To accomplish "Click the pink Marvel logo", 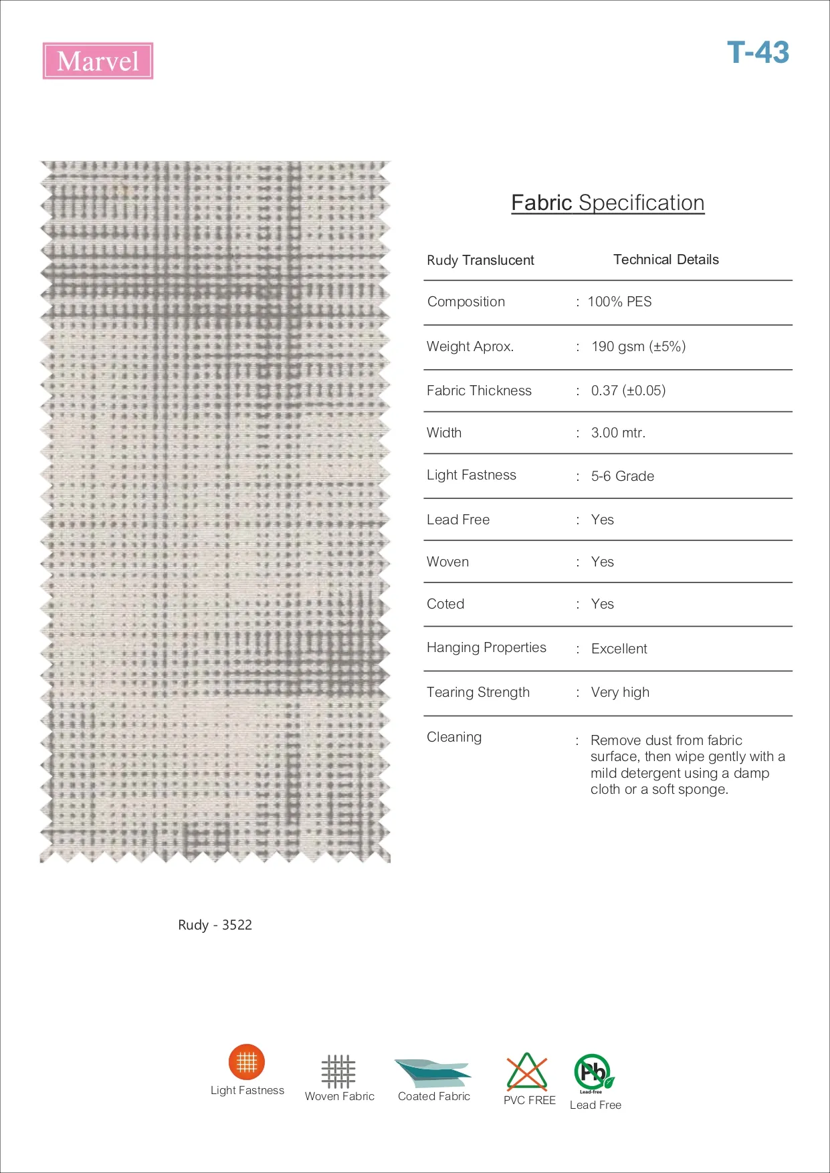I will coord(98,61).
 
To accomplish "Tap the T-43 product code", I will coord(758,52).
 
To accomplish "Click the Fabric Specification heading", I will coord(607,203).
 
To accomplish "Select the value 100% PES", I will coord(619,302).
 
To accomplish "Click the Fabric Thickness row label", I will coord(479,391).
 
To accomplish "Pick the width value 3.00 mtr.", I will coord(618,433).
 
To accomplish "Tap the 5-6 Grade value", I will coord(622,476).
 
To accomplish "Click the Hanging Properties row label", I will coord(486,647).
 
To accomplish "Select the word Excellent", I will coord(619,649).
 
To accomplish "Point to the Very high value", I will coord(620,692).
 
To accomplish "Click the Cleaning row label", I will coord(454,737).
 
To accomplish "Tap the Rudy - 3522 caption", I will coord(215,925).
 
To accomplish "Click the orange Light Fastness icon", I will coord(247,1061).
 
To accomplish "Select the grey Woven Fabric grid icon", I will coord(338,1071).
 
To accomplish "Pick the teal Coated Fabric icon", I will coord(433,1073).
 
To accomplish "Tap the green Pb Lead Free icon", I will coord(593,1072).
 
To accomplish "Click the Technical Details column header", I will coord(666,259).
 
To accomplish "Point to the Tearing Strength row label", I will coord(478,692).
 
